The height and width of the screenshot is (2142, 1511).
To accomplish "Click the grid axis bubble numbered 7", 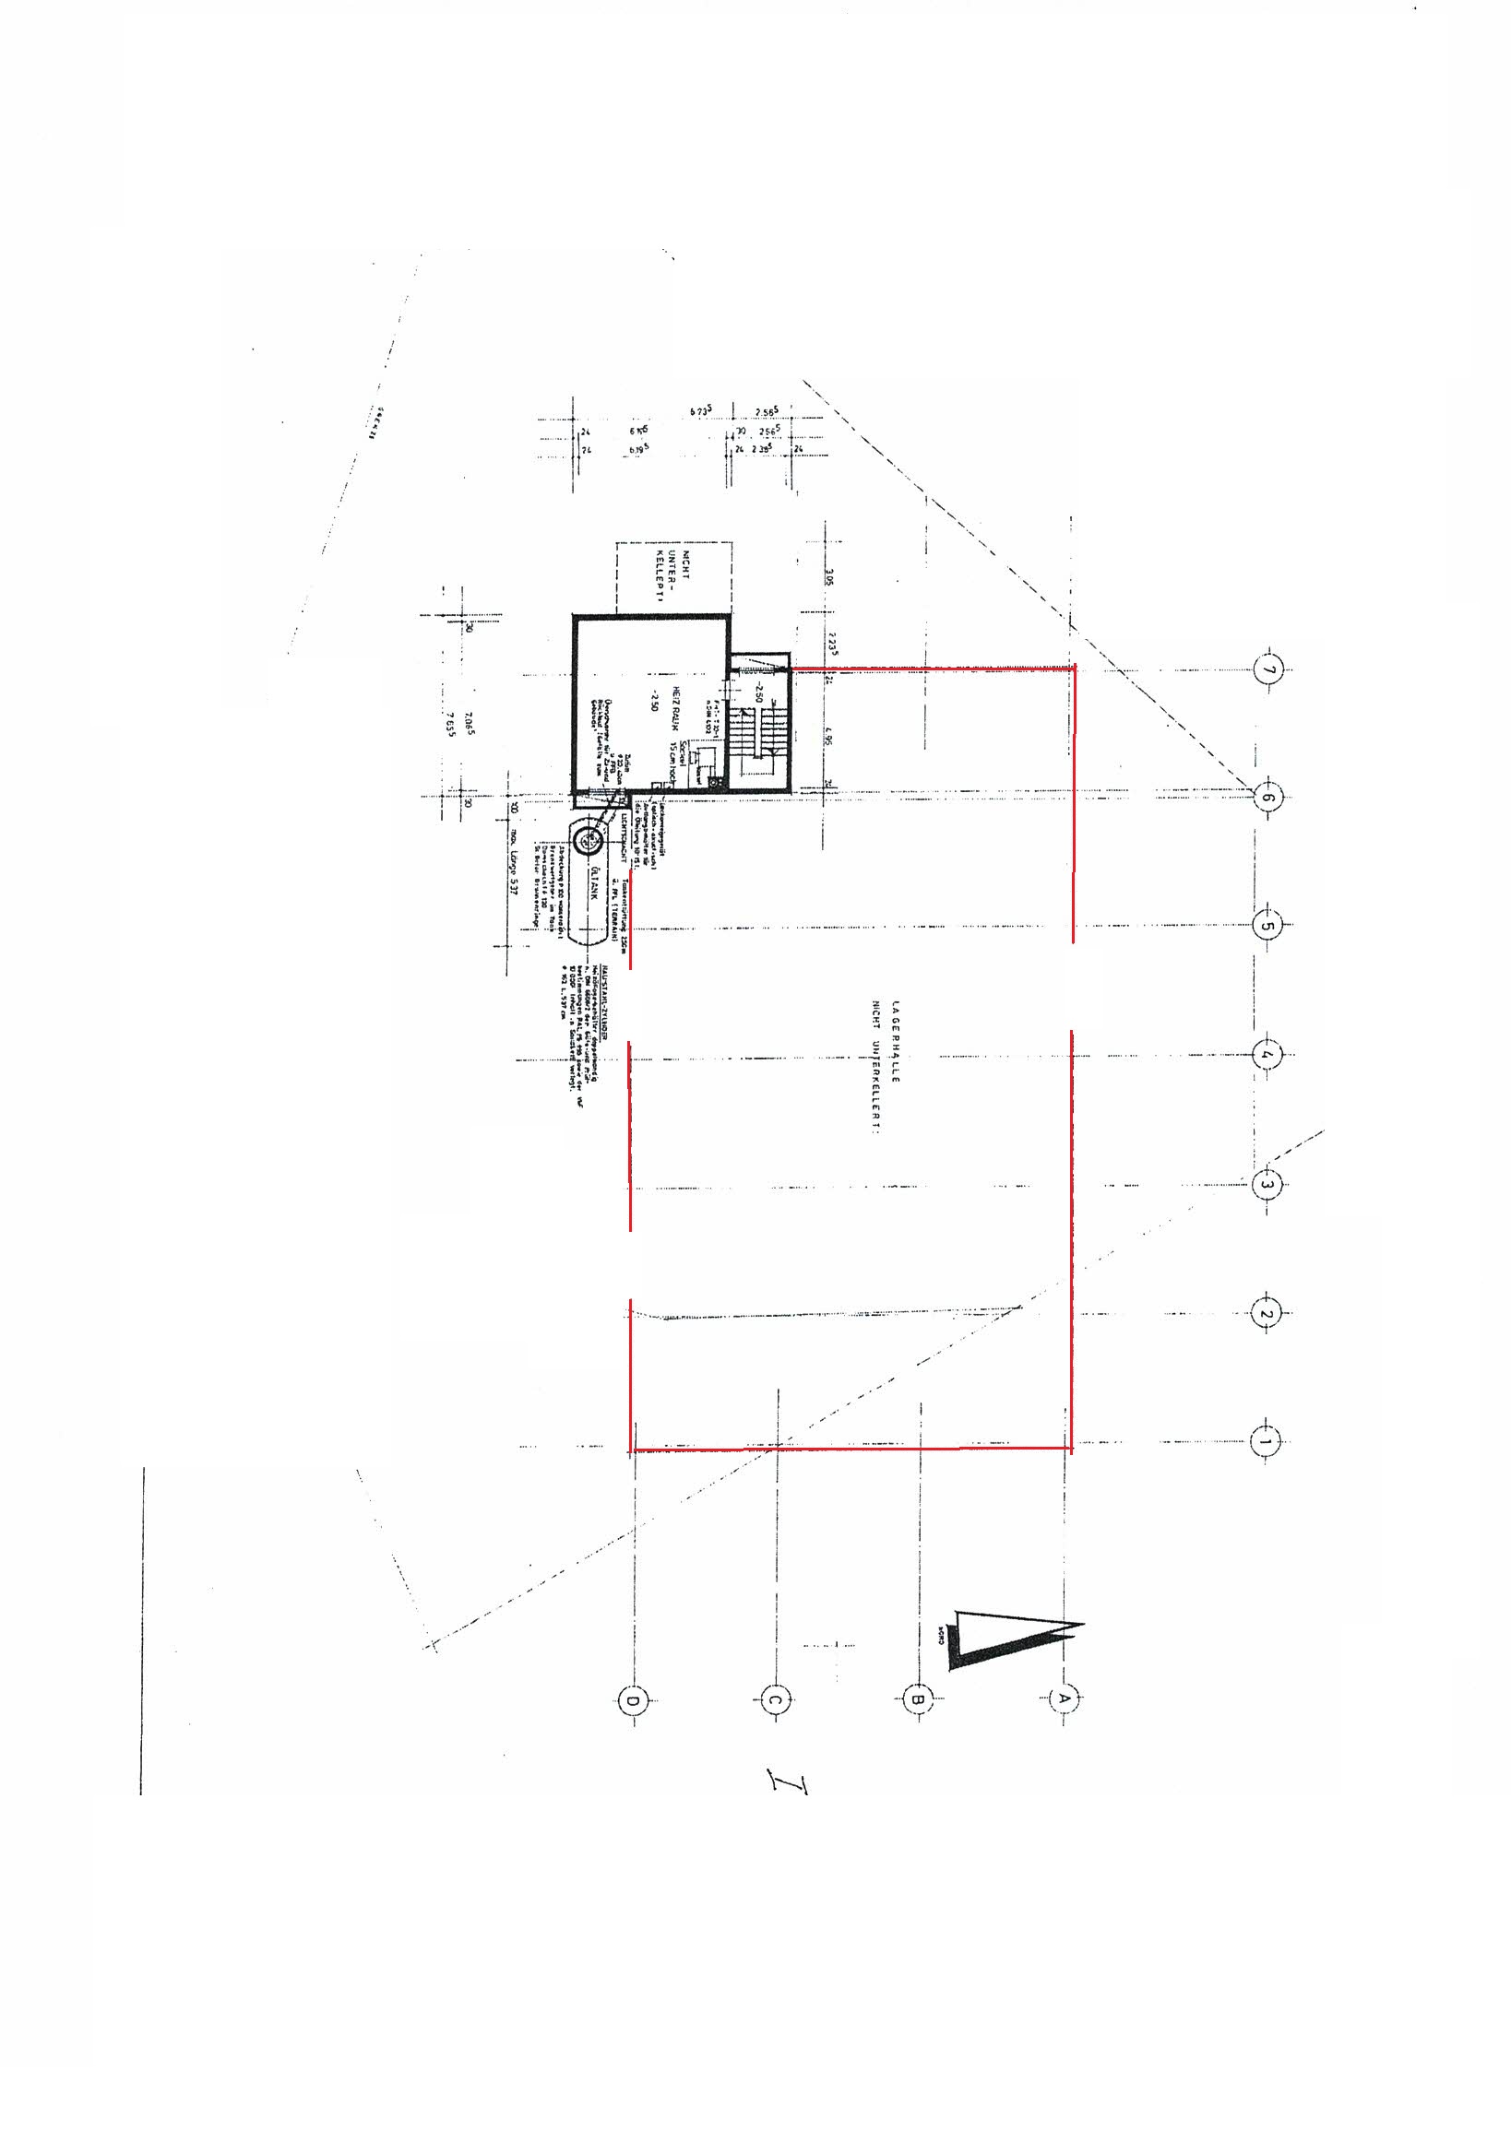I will (x=1268, y=669).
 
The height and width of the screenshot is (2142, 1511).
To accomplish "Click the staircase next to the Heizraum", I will (x=758, y=738).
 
